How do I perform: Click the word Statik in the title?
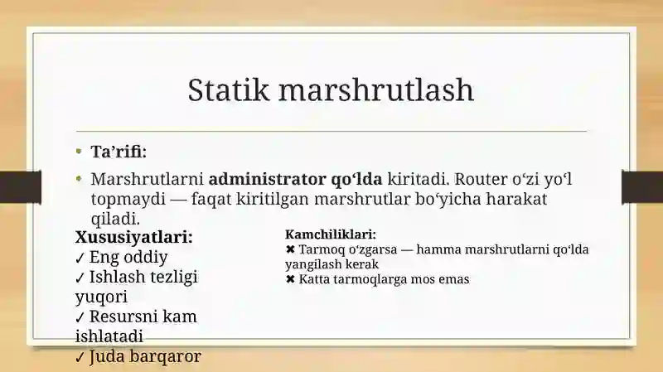point(229,89)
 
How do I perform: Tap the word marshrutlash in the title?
point(376,89)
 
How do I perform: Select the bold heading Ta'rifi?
point(119,152)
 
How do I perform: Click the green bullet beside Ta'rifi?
point(79,151)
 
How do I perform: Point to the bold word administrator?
point(267,179)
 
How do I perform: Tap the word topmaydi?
point(128,199)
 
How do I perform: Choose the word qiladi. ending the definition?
point(115,219)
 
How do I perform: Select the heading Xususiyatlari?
point(134,237)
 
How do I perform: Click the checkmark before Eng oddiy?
point(80,258)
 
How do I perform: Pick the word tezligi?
point(174,278)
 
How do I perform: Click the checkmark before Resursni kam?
point(80,317)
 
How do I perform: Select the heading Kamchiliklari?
point(330,234)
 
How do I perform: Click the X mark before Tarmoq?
point(290,249)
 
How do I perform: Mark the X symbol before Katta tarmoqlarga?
point(290,279)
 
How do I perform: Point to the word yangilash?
point(313,264)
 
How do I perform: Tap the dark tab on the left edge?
point(21,187)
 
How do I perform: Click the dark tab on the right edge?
point(642,187)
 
